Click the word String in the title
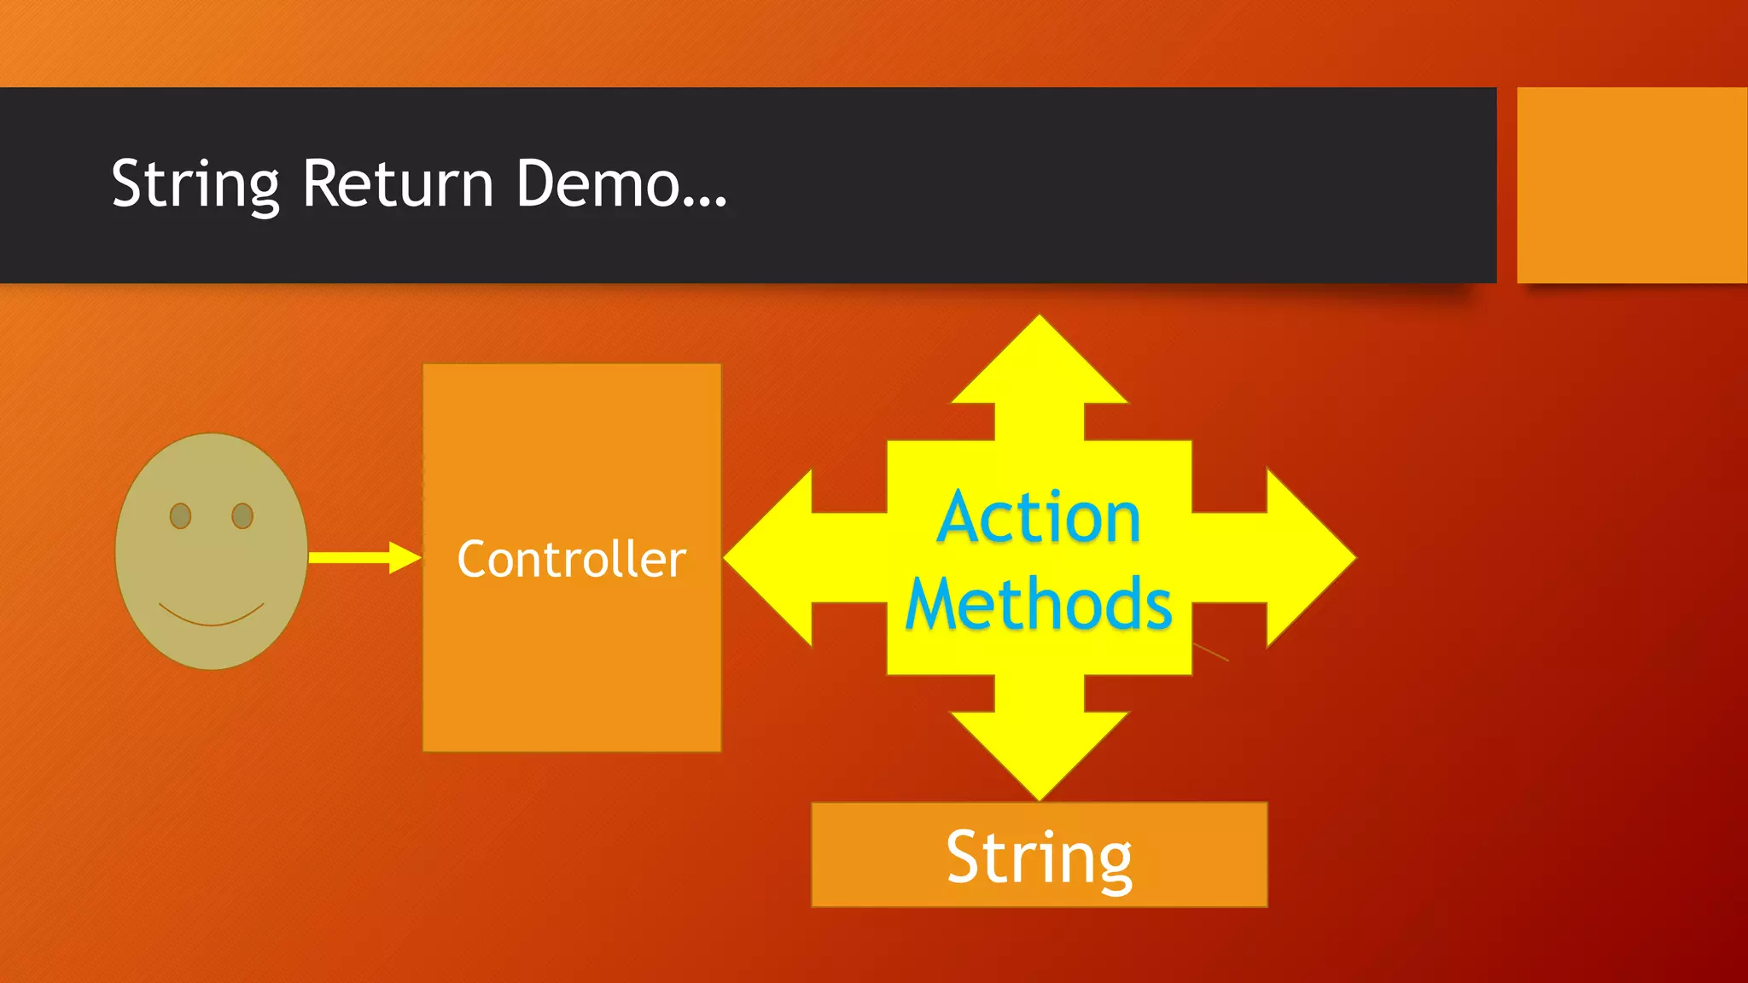195,184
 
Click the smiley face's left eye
180,516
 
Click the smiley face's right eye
242,516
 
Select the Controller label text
571,560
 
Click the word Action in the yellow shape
1039,518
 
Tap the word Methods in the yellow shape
1039,604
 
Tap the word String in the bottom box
1039,857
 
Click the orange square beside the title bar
1631,184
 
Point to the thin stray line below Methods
1210,652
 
